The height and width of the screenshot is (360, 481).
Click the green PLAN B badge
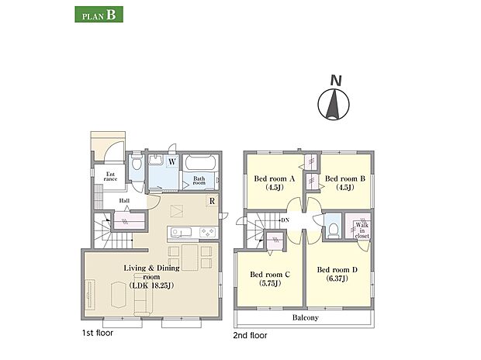tap(99, 15)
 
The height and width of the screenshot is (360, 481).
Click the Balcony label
tap(305, 317)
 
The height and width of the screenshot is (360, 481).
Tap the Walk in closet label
tap(362, 230)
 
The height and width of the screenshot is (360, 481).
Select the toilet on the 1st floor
tap(136, 164)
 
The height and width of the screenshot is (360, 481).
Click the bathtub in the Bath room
tap(201, 162)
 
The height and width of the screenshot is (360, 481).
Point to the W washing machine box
tap(172, 161)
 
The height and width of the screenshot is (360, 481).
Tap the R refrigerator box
tap(212, 201)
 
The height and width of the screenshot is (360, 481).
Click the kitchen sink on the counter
tap(181, 232)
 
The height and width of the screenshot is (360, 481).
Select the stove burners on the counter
tap(208, 232)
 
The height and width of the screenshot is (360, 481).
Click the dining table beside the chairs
tap(190, 257)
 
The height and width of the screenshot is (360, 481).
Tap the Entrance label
tap(110, 176)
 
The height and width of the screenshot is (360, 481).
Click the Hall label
tap(124, 201)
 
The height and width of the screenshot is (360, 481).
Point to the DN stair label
tap(285, 220)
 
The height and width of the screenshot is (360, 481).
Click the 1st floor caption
tap(98, 333)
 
